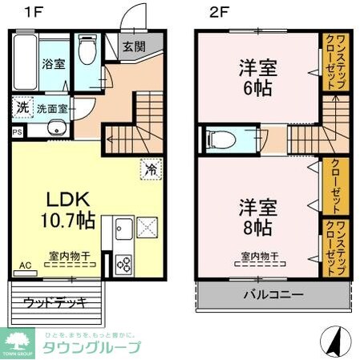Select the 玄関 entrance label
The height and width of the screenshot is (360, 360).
click(133, 46)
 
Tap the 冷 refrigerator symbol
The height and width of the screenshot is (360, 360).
click(150, 169)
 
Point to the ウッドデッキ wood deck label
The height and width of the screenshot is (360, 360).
click(54, 302)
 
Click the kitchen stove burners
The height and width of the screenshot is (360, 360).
click(124, 261)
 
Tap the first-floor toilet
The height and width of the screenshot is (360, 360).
click(88, 50)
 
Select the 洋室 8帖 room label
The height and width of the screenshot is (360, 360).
click(255, 216)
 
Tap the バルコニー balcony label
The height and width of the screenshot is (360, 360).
click(273, 294)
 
